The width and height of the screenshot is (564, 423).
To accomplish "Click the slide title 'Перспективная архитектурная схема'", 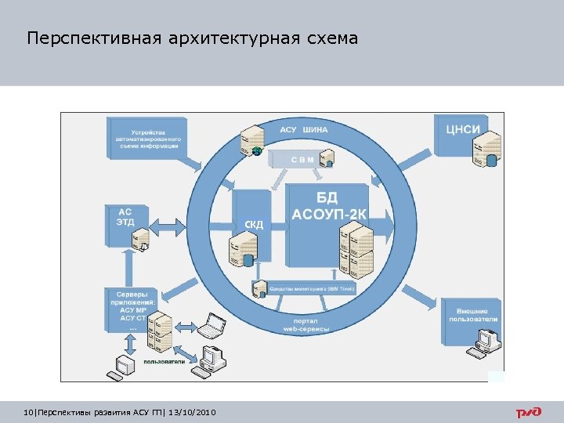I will click(x=192, y=38).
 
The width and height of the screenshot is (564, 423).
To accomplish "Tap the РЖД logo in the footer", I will click(x=532, y=412).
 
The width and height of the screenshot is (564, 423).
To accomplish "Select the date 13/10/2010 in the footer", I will click(x=192, y=412).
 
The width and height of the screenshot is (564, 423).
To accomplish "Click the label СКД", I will click(x=254, y=226).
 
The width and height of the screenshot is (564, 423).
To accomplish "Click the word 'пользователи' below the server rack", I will click(x=164, y=362).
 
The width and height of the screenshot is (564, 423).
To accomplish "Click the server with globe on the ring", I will click(x=252, y=139).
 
